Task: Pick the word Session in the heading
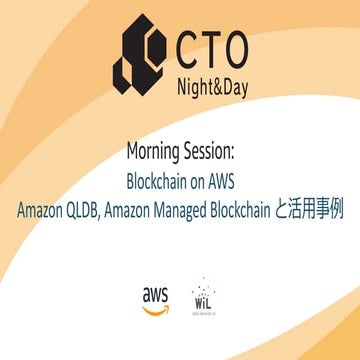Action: [x=211, y=151]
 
